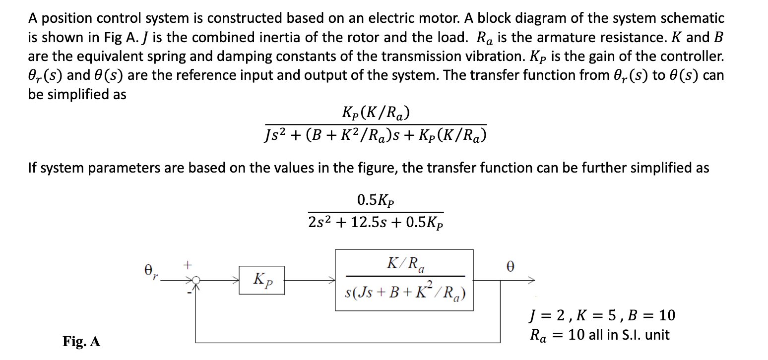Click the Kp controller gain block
(x=261, y=280)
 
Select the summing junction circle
(x=196, y=281)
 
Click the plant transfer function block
(x=404, y=280)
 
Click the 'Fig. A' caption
(x=81, y=341)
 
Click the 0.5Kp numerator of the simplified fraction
(x=376, y=200)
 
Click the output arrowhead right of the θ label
(x=532, y=281)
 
